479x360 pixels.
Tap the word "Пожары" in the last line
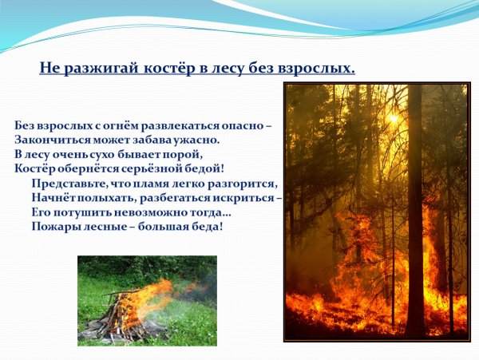tap(56, 226)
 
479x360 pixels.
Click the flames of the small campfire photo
tap(152, 295)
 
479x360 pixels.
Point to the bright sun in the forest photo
tap(392, 118)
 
